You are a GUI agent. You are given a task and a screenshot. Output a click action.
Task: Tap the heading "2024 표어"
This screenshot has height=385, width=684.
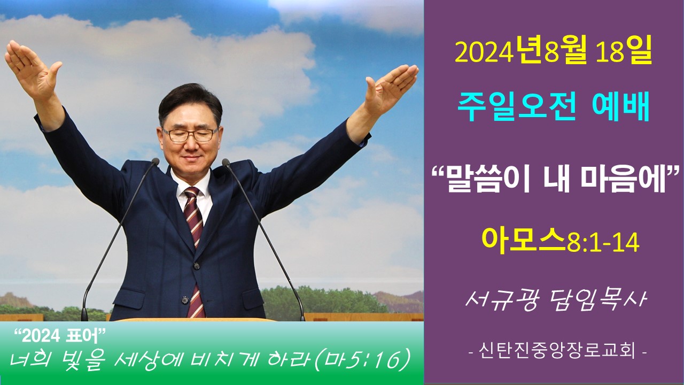[60, 336]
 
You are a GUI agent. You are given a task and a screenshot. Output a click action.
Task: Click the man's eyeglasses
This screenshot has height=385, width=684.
[190, 134]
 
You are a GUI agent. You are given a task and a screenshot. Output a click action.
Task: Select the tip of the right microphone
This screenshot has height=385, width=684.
[226, 162]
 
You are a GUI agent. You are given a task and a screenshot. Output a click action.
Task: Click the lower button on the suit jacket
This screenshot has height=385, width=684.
[185, 300]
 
